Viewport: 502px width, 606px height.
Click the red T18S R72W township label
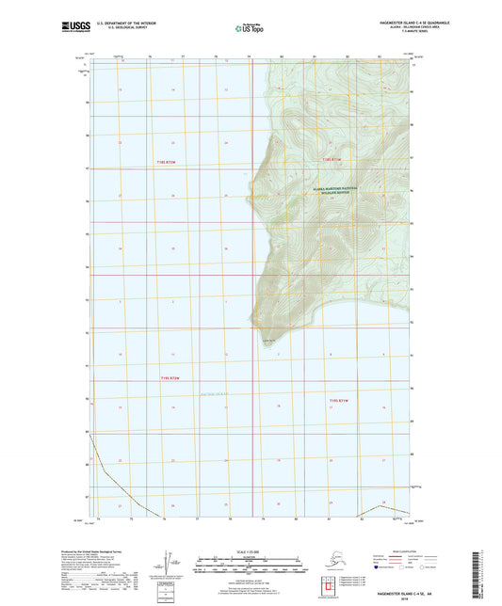(x=165, y=161)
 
